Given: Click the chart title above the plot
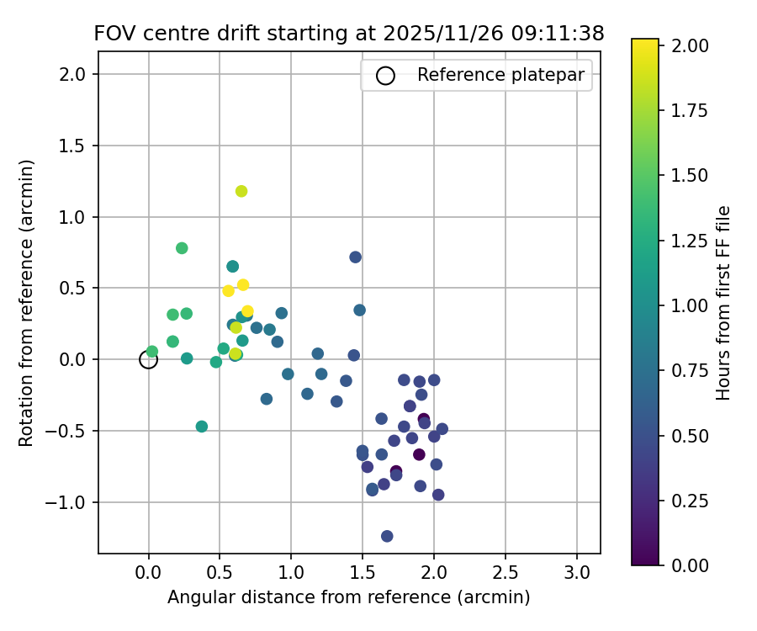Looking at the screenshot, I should pos(349,34).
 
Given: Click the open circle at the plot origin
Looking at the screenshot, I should pos(149,359).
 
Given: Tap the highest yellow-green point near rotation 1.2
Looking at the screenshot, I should pos(241,191).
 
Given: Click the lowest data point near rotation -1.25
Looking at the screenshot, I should pos(387,536).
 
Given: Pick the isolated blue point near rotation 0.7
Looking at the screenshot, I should pos(356,257).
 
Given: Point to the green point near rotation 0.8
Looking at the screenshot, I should pos(182,248).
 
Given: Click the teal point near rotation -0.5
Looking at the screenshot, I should pos(202,427).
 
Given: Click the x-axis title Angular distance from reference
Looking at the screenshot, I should pos(348,598).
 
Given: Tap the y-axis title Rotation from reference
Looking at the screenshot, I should pos(28,302).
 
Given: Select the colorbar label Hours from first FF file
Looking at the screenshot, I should pos(723,303).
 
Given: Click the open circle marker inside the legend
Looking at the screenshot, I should pos(385,75).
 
